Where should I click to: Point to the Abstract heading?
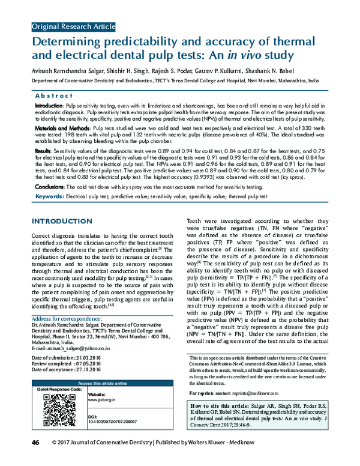(55, 95)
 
